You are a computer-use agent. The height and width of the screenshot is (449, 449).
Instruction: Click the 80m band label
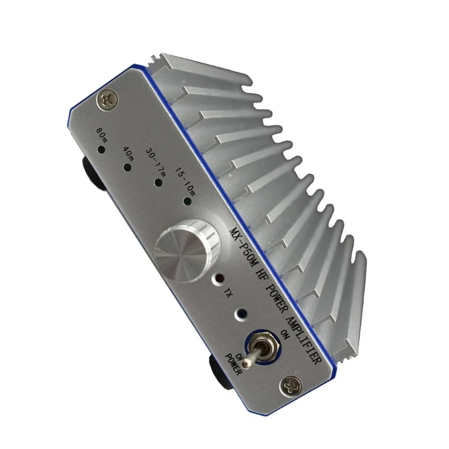coord(102,135)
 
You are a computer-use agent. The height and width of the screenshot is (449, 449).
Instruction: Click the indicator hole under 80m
coord(100,150)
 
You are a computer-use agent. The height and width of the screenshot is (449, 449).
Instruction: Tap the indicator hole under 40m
coord(128,167)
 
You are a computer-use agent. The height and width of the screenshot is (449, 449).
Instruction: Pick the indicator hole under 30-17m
coord(158,182)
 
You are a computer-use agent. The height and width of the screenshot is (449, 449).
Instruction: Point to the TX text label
coord(227,292)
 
